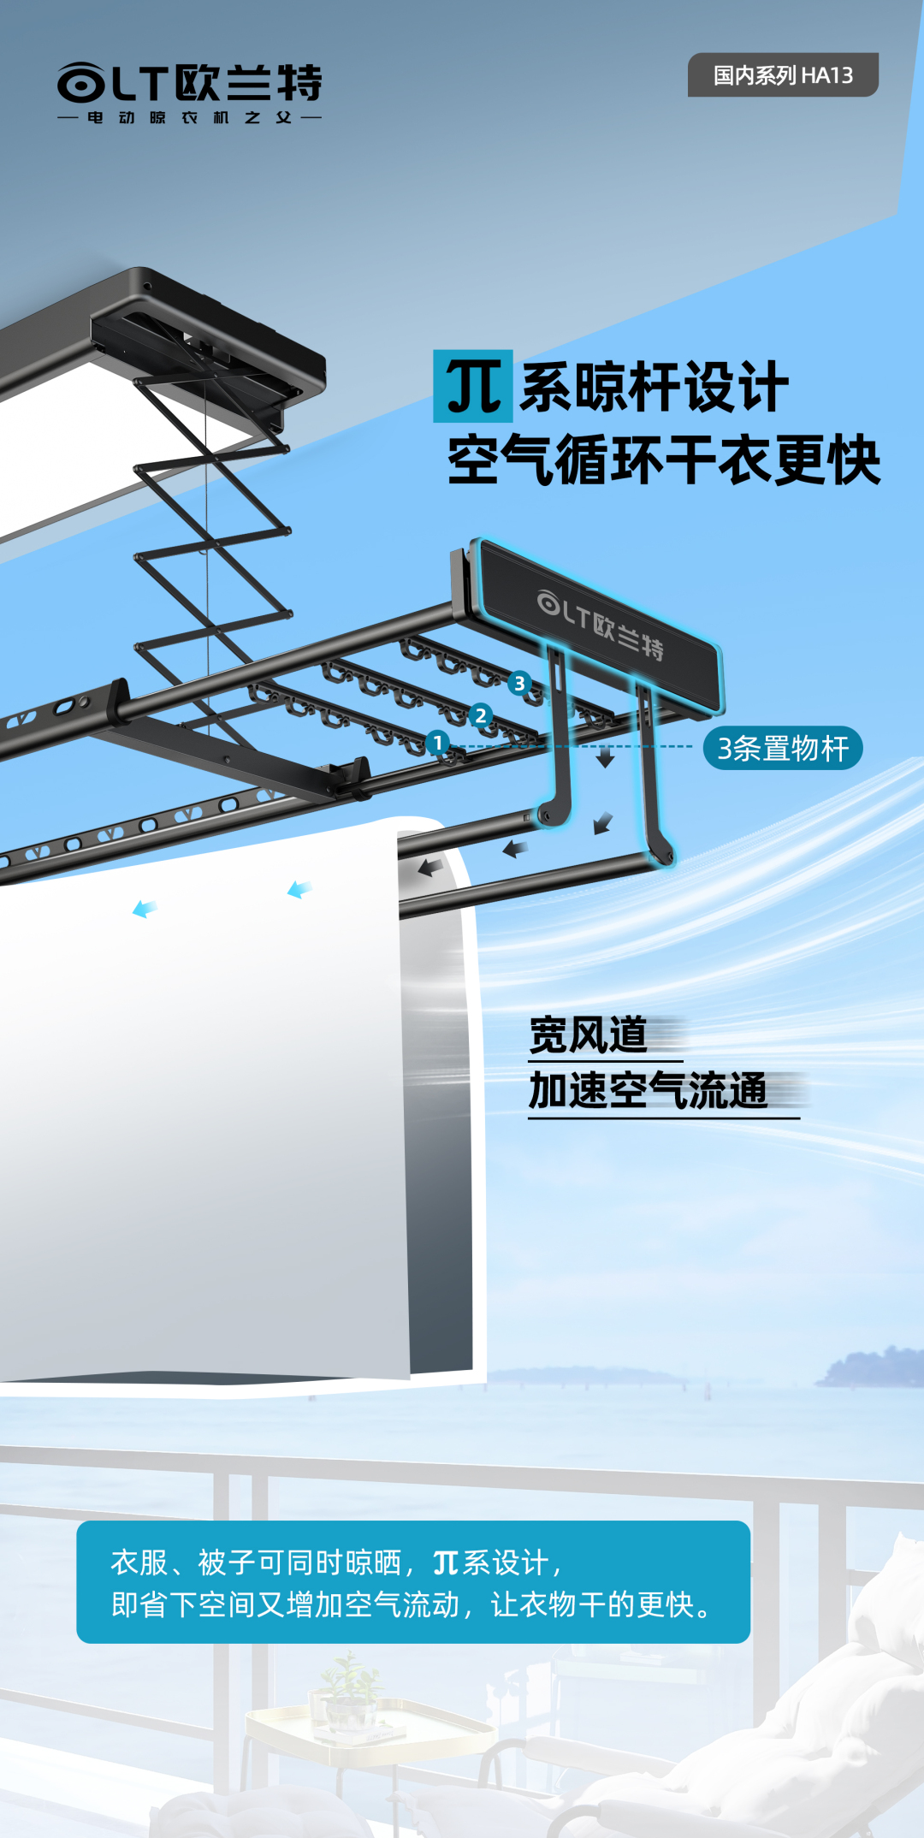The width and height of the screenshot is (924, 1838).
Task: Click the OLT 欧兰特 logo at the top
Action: pos(189,84)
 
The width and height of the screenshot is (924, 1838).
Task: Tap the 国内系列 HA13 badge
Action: pos(783,75)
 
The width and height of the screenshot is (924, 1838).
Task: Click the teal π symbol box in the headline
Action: pos(472,386)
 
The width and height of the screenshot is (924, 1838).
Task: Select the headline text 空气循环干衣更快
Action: pos(664,461)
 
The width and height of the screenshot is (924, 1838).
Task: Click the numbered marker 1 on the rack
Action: pos(437,742)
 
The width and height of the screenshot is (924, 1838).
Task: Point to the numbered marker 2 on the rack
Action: pos(481,715)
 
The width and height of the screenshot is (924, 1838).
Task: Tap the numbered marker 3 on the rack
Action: pos(519,683)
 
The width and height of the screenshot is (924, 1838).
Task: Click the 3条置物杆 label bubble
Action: pos(782,749)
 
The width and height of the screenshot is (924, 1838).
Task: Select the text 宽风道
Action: pos(589,1035)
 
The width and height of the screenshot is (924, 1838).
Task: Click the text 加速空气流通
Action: pos(649,1091)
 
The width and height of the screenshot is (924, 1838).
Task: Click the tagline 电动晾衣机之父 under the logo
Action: pos(189,118)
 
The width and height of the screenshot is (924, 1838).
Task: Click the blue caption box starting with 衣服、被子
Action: pos(413,1582)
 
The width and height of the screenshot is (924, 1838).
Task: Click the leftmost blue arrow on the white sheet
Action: pos(145,909)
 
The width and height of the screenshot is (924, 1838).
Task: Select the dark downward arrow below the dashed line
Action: pos(606,758)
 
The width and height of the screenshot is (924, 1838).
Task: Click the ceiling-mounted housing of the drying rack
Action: pos(205,342)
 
